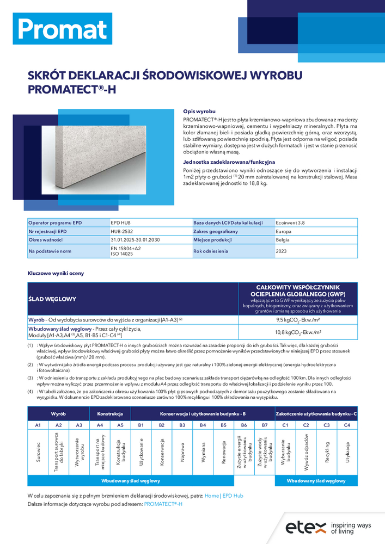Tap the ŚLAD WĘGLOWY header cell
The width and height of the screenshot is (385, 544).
53,299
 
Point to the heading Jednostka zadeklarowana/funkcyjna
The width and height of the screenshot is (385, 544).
229,162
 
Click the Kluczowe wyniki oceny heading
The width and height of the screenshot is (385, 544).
56,273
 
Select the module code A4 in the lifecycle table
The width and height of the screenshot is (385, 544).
100,424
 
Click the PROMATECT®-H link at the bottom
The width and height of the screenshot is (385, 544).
163,504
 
